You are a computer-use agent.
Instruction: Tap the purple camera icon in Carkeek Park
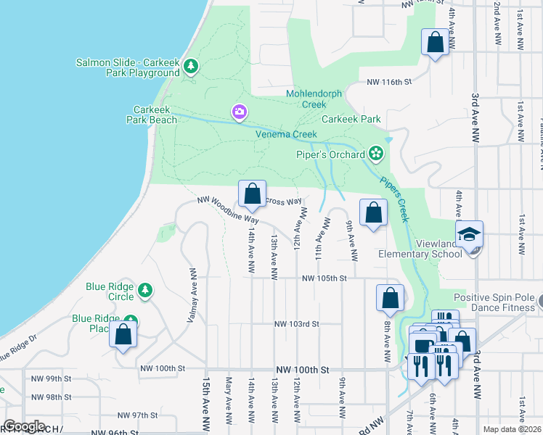pyautogui.click(x=239, y=112)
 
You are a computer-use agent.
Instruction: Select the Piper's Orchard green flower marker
pyautogui.click(x=375, y=153)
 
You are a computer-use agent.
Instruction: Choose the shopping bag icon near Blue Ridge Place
pyautogui.click(x=123, y=335)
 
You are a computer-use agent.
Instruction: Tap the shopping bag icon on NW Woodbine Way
pyautogui.click(x=253, y=194)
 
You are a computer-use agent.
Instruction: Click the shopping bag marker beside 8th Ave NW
pyautogui.click(x=390, y=297)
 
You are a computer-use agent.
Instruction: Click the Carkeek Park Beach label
pyautogui.click(x=155, y=115)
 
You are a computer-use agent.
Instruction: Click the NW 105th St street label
pyautogui.click(x=324, y=278)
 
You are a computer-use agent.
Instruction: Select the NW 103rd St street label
pyautogui.click(x=296, y=324)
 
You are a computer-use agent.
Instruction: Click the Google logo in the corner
pyautogui.click(x=24, y=426)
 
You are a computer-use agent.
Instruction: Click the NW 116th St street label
pyautogui.click(x=389, y=83)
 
